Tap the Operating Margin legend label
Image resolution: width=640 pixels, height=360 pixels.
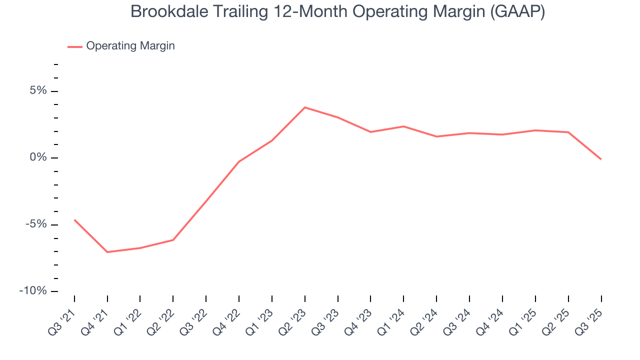pyautogui.click(x=130, y=46)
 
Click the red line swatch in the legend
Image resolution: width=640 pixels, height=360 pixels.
pyautogui.click(x=75, y=46)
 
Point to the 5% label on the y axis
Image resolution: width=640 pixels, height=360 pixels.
pyautogui.click(x=38, y=91)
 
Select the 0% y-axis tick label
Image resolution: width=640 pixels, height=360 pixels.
pyautogui.click(x=38, y=157)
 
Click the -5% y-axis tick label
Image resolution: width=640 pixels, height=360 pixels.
pyautogui.click(x=36, y=224)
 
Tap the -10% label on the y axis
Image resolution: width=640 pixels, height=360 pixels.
pyautogui.click(x=34, y=291)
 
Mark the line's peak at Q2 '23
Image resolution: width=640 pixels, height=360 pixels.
pyautogui.click(x=305, y=107)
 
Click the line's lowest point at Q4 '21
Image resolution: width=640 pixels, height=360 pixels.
pyautogui.click(x=107, y=252)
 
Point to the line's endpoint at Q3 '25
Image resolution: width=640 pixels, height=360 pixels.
pyautogui.click(x=601, y=159)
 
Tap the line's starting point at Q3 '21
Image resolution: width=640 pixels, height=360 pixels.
pyautogui.click(x=74, y=220)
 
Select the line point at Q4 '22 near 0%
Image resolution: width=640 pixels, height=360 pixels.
pyautogui.click(x=239, y=161)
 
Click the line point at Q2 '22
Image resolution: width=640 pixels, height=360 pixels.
pyautogui.click(x=173, y=240)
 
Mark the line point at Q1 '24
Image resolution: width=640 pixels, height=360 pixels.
pyautogui.click(x=403, y=126)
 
